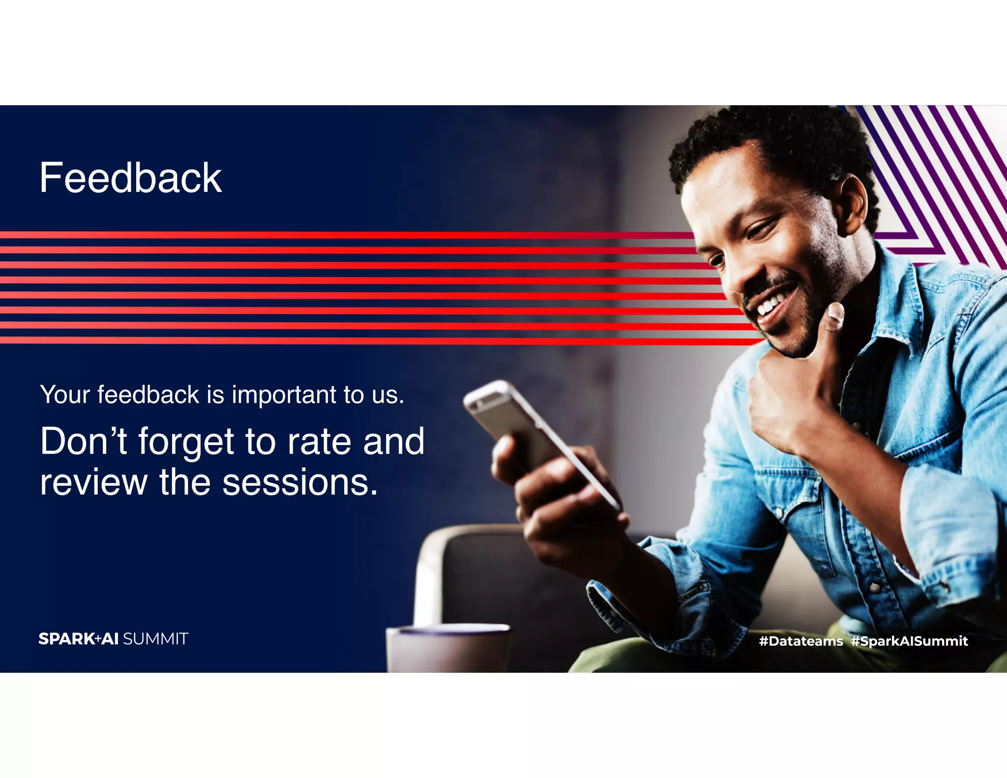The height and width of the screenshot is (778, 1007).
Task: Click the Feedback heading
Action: tap(130, 178)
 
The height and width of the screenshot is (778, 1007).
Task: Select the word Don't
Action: tap(84, 441)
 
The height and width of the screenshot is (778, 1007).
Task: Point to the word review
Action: tap(93, 482)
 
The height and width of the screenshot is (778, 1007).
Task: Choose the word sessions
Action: tap(300, 482)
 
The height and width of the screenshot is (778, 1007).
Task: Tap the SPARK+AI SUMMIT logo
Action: tap(113, 639)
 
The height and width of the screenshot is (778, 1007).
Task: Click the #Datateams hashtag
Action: tap(800, 641)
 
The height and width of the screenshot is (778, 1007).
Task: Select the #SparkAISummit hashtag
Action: tap(909, 641)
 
